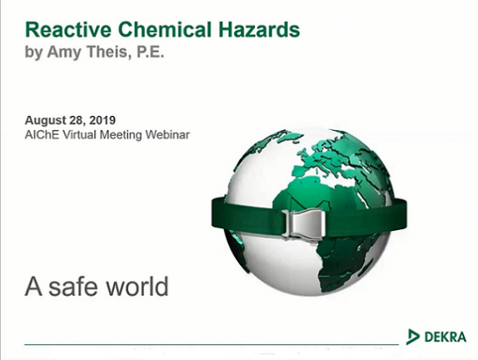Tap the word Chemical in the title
[x=165, y=30]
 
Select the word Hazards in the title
[x=259, y=30]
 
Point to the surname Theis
[x=108, y=52]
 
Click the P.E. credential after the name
[x=150, y=52]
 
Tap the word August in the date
[x=46, y=121]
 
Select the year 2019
[x=102, y=120]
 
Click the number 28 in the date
[x=77, y=121]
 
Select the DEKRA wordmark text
[x=445, y=337]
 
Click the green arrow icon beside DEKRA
[x=413, y=337]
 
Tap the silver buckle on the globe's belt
[x=304, y=223]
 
